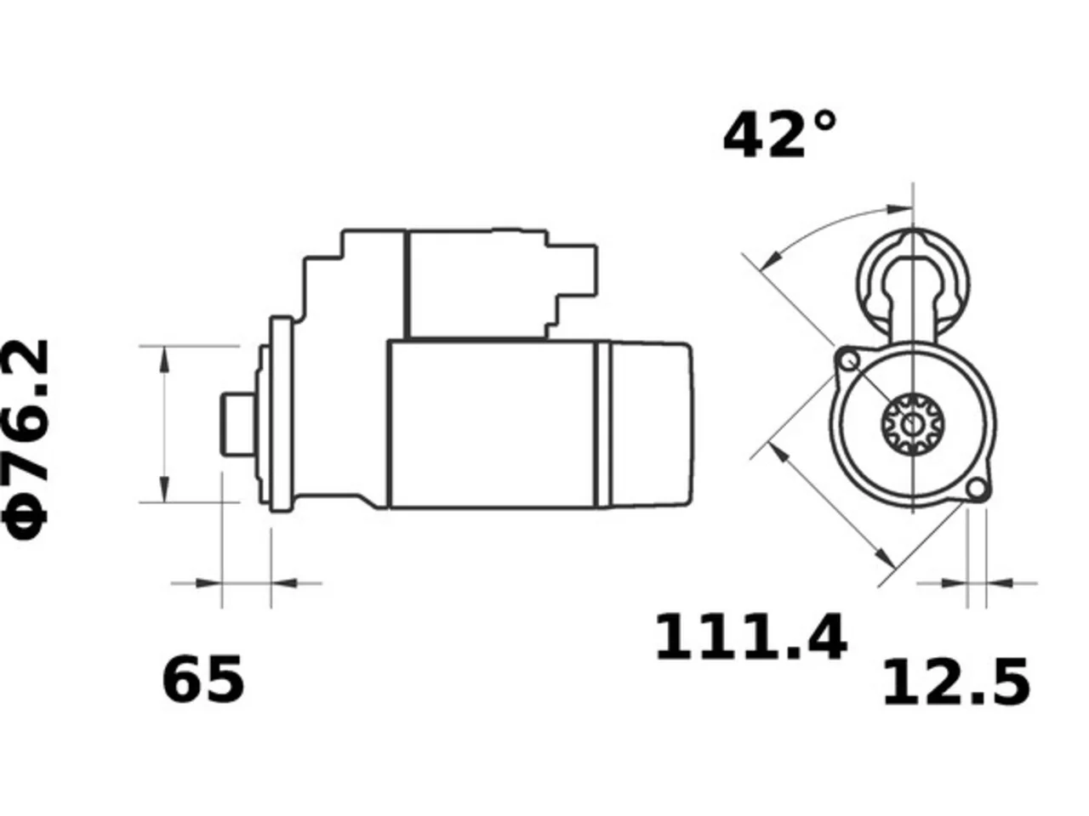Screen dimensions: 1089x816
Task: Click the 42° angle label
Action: click(779, 135)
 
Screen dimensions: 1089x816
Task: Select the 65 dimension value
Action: click(203, 679)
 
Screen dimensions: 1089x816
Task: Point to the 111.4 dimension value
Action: click(750, 637)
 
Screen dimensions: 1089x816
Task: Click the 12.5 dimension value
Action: click(956, 683)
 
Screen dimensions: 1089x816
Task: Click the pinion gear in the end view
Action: click(912, 423)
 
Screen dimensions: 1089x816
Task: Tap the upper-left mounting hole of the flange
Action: click(848, 360)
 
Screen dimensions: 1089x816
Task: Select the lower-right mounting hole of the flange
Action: click(977, 489)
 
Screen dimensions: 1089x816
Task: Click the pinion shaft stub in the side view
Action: click(238, 424)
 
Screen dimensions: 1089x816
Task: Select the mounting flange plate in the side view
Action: click(282, 414)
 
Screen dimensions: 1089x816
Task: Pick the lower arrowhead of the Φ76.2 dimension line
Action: click(164, 490)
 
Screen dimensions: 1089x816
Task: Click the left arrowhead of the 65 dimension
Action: click(209, 583)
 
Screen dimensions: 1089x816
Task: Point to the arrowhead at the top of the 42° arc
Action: click(900, 209)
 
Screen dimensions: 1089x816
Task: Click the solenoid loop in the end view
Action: click(913, 285)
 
